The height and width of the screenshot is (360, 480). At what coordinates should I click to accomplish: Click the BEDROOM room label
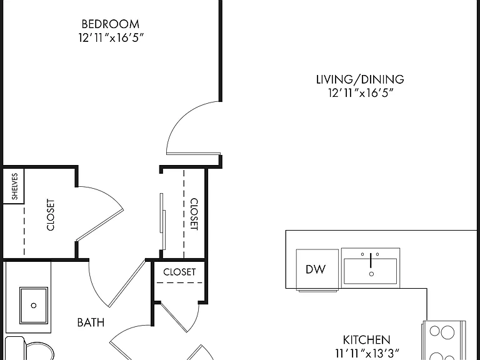click(x=110, y=24)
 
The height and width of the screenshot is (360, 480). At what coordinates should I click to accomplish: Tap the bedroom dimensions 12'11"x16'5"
click(x=111, y=37)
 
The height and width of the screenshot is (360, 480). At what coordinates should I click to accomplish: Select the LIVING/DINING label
click(x=360, y=79)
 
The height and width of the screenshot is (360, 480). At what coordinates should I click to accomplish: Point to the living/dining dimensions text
click(x=361, y=92)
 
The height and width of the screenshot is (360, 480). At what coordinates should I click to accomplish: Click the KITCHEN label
click(x=366, y=340)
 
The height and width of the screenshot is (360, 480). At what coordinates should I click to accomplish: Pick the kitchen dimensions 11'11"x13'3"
click(x=367, y=354)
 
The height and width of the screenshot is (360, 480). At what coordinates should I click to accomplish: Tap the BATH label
click(x=91, y=322)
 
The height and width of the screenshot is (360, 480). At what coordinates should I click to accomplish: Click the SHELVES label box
click(x=14, y=186)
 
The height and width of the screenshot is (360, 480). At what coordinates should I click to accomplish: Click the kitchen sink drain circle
click(x=371, y=274)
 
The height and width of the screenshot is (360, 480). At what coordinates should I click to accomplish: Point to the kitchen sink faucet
click(x=371, y=260)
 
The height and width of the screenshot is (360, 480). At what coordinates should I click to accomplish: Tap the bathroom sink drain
click(x=34, y=305)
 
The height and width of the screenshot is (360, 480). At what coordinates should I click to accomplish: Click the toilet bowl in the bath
click(x=39, y=351)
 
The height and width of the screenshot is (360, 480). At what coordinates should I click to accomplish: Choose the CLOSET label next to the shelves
click(x=51, y=214)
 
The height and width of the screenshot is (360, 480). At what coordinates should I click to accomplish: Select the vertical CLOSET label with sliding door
click(x=194, y=214)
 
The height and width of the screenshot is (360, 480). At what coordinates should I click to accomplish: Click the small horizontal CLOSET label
click(x=179, y=272)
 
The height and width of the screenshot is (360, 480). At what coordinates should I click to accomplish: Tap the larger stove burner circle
click(x=447, y=332)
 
